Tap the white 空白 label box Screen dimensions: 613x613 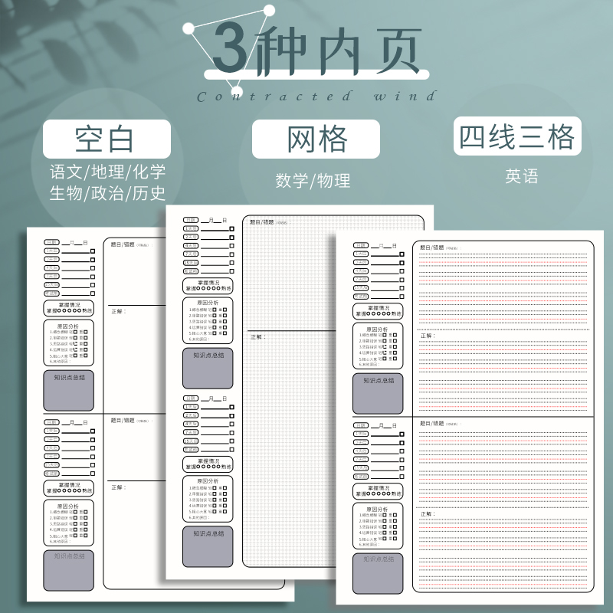pos(107,139)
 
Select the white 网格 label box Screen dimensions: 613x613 pos(316,139)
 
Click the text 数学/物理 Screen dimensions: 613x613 pos(313,181)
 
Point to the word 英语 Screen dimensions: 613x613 pos(522,175)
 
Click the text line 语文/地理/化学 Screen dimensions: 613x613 pos(107,170)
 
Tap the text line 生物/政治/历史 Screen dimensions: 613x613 pos(107,192)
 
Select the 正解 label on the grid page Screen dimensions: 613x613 pos(257,336)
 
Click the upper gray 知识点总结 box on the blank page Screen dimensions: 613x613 pos(69,391)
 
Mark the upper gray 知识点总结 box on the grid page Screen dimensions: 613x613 pos(208,368)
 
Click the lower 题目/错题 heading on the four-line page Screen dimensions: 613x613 pos(432,423)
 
